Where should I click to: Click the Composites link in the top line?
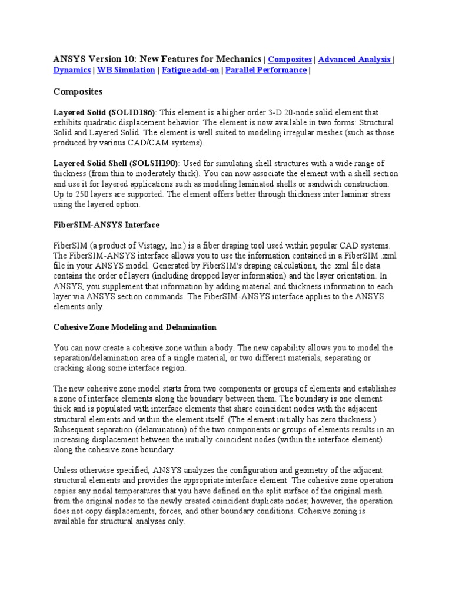click(290, 59)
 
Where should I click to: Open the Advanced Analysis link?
click(354, 59)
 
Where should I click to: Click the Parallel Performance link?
click(265, 71)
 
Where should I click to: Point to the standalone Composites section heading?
click(78, 92)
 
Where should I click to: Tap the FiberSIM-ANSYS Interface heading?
click(107, 225)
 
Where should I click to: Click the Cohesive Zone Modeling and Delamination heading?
click(135, 327)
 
